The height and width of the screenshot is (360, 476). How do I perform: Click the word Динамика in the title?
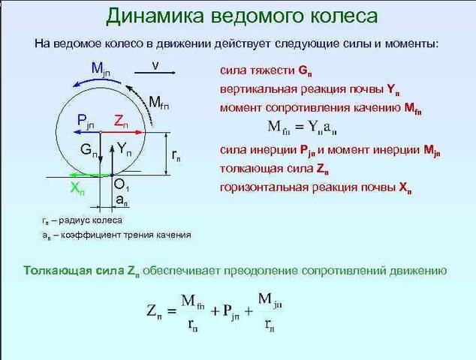(x=155, y=16)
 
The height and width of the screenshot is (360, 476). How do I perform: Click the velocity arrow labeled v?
(x=155, y=73)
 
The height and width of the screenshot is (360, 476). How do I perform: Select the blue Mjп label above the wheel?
(x=101, y=70)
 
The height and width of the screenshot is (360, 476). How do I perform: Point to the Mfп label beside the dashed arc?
(x=159, y=103)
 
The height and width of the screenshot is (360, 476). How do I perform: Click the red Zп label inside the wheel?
(x=121, y=121)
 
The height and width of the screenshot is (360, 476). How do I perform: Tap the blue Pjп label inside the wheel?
(x=86, y=121)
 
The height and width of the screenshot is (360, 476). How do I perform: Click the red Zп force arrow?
(x=122, y=132)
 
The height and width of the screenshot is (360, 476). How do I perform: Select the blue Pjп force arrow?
(x=87, y=132)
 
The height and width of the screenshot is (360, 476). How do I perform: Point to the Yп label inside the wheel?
(x=125, y=149)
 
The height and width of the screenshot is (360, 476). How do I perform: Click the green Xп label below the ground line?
(x=77, y=189)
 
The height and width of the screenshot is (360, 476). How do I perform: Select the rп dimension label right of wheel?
(x=176, y=155)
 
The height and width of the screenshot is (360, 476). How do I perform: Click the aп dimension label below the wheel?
(x=122, y=199)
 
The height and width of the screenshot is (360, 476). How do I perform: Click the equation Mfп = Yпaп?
(x=303, y=127)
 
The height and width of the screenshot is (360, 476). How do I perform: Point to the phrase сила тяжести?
(x=258, y=71)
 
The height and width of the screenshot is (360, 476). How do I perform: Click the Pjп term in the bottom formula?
(x=230, y=311)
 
